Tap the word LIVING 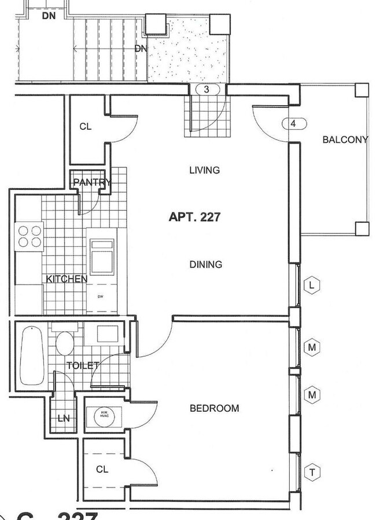pos(205,170)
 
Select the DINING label pos(205,265)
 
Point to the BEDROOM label pos(214,408)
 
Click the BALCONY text pos(345,140)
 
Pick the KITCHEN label pos(67,279)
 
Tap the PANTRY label pos(92,183)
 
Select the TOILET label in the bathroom pos(83,365)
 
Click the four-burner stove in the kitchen pos(30,236)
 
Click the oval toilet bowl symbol pos(64,343)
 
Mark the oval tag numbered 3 pos(208,90)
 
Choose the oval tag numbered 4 pos(293,123)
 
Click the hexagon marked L pos(312,285)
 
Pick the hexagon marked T pos(312,473)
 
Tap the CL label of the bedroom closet pos(102,468)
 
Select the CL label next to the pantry pos(86,127)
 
